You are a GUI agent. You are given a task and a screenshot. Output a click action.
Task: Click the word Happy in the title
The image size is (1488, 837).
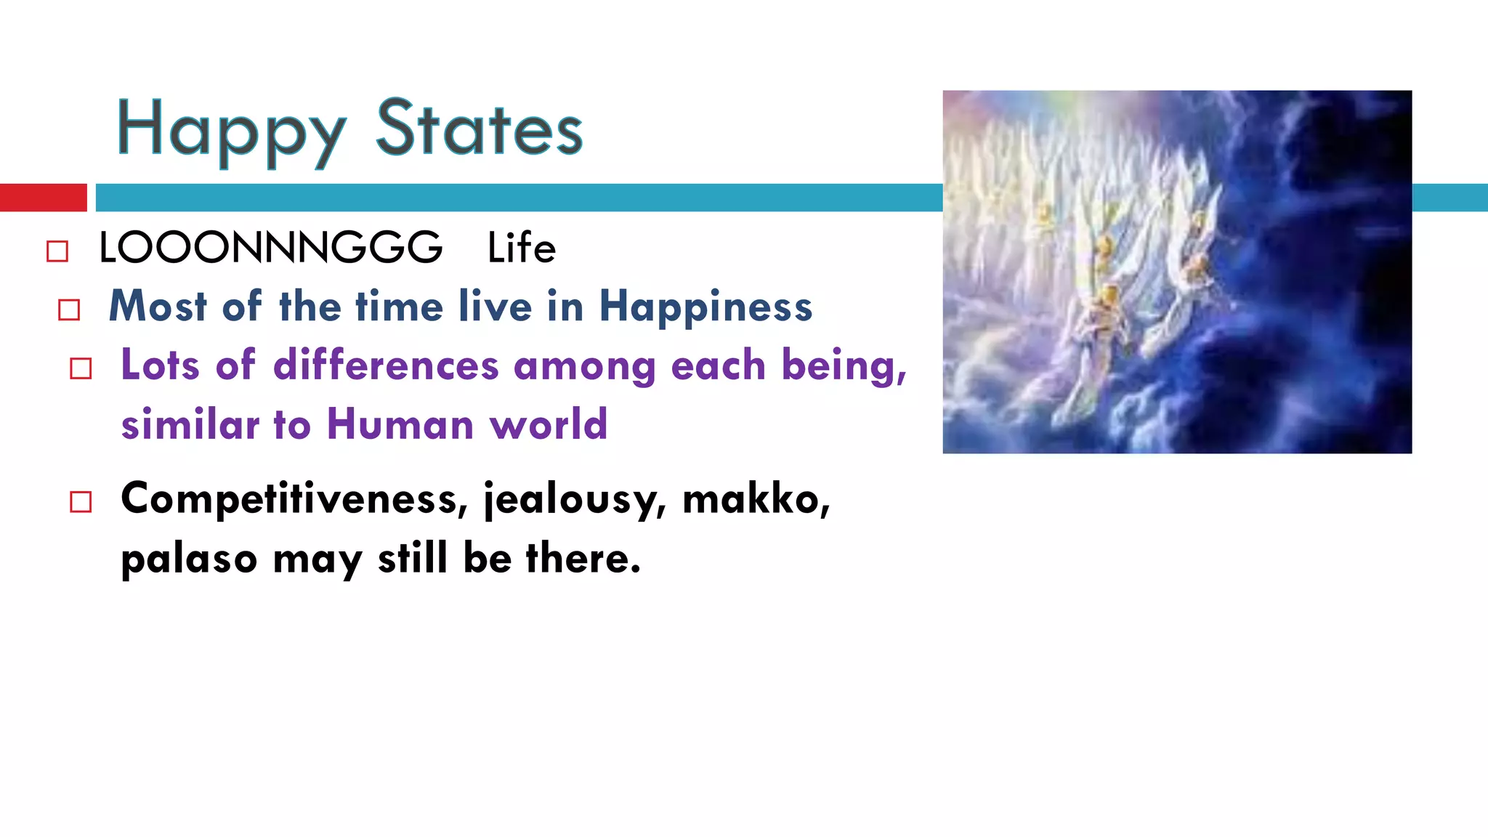click(x=231, y=131)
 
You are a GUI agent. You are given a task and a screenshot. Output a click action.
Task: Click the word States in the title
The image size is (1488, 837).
click(x=480, y=129)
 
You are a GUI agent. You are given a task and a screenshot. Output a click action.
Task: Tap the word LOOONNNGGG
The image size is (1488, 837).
click(x=270, y=248)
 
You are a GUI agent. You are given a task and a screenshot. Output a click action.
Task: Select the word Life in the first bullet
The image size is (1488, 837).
click(x=521, y=248)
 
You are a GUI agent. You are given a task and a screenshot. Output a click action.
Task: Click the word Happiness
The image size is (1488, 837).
click(x=705, y=307)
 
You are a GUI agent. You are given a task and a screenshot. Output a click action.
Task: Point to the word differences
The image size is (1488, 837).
click(x=386, y=365)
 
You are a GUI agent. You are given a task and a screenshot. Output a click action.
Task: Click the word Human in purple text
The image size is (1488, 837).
click(x=400, y=424)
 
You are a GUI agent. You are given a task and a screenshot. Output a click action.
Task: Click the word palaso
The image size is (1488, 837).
click(x=189, y=559)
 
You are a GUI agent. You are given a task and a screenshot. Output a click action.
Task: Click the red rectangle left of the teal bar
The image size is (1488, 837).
click(x=43, y=198)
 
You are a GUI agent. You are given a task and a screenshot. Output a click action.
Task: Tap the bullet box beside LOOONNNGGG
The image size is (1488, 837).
click(x=57, y=251)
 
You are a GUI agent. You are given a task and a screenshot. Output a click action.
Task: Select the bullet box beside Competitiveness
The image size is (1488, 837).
click(x=81, y=502)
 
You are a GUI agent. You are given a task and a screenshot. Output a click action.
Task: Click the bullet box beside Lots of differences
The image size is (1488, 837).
click(x=81, y=368)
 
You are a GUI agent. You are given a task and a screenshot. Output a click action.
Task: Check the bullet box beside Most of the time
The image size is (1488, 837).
click(x=69, y=310)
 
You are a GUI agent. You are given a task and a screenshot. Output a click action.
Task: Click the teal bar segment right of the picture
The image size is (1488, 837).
click(x=1449, y=198)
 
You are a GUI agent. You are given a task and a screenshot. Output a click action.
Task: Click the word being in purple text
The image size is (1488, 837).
click(x=843, y=366)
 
